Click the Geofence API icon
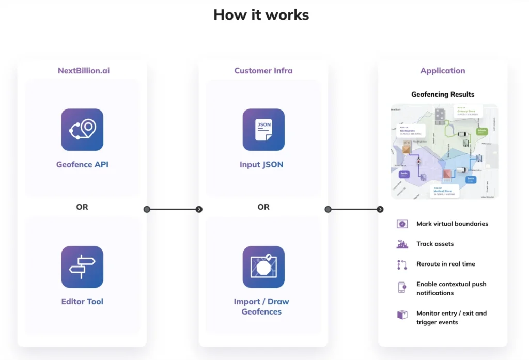[82, 130]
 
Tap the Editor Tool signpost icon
[82, 267]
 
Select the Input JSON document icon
[263, 130]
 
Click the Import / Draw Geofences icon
[263, 267]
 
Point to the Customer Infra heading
[263, 71]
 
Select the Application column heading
[443, 71]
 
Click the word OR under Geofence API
[82, 207]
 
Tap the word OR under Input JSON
[263, 207]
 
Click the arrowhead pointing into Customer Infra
[199, 209]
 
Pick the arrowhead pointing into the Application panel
[380, 209]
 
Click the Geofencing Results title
[443, 95]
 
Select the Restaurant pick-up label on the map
[411, 132]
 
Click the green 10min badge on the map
[482, 132]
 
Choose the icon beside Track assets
[402, 244]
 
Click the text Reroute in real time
[446, 264]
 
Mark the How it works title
[261, 14]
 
